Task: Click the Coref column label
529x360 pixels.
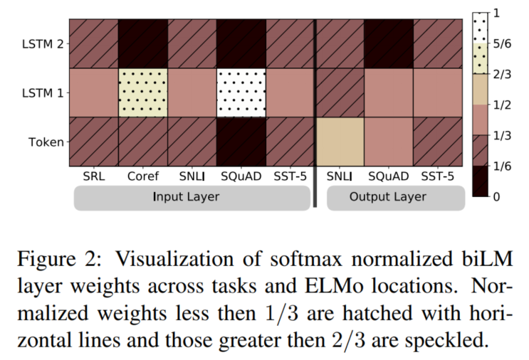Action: pos(143,176)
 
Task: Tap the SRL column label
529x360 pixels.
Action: pos(93,176)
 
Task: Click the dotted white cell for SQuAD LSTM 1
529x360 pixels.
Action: pos(241,92)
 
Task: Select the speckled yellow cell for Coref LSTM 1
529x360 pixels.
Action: pos(143,92)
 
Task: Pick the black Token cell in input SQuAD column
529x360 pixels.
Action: pos(241,142)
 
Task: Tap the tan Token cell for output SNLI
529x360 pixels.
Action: pos(340,142)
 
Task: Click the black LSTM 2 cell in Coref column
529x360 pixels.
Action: pos(143,44)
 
